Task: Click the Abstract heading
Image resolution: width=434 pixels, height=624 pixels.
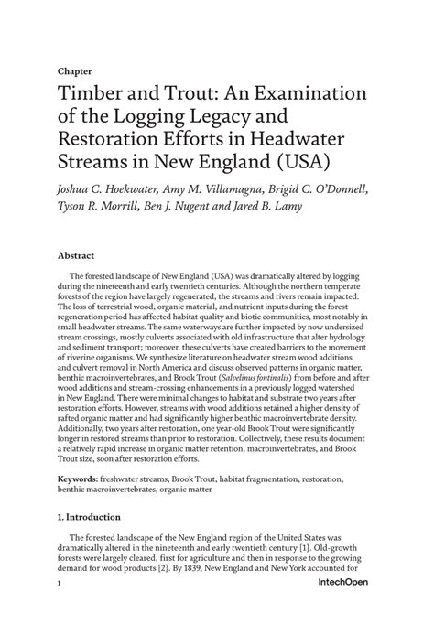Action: tap(79, 258)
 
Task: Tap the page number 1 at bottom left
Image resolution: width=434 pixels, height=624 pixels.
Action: tap(59, 607)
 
